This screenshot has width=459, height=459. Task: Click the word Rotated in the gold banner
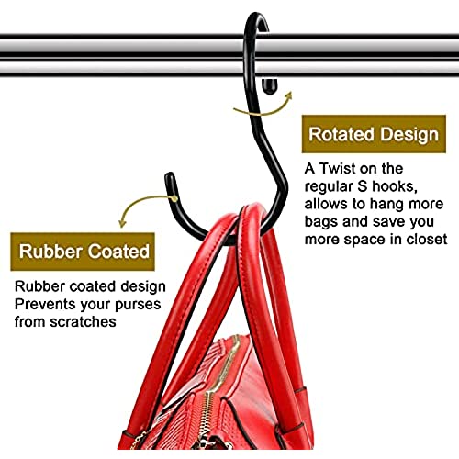(x=341, y=134)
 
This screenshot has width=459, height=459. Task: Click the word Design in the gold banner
(x=409, y=135)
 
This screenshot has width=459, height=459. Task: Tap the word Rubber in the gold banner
(x=50, y=252)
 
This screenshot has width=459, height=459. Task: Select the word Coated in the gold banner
(x=119, y=252)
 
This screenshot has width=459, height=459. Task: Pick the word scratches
(x=84, y=321)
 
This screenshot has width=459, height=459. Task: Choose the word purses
(x=138, y=306)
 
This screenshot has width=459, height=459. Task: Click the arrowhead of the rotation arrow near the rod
(x=288, y=96)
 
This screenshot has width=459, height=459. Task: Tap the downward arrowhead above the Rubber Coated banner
(x=122, y=223)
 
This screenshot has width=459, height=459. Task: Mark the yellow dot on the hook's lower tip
(x=174, y=199)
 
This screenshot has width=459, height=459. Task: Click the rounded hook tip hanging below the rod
(x=270, y=86)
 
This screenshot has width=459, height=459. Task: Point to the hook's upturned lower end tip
(x=170, y=178)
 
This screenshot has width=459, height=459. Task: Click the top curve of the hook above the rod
(x=256, y=17)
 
